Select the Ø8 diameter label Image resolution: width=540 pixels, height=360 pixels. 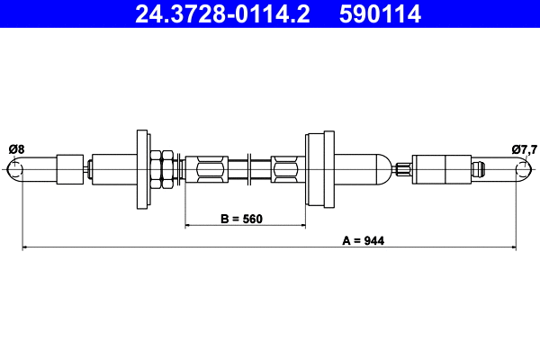click(16, 149)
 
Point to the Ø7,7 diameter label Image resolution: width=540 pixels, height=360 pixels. click(524, 149)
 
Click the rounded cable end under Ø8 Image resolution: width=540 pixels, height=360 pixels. click(13, 169)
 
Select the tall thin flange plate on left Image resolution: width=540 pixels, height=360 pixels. click(142, 168)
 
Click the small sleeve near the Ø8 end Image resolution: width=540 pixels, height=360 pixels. click(68, 169)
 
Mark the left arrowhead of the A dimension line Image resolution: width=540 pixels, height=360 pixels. click(25, 246)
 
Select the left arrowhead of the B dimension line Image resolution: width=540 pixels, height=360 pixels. click(189, 225)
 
